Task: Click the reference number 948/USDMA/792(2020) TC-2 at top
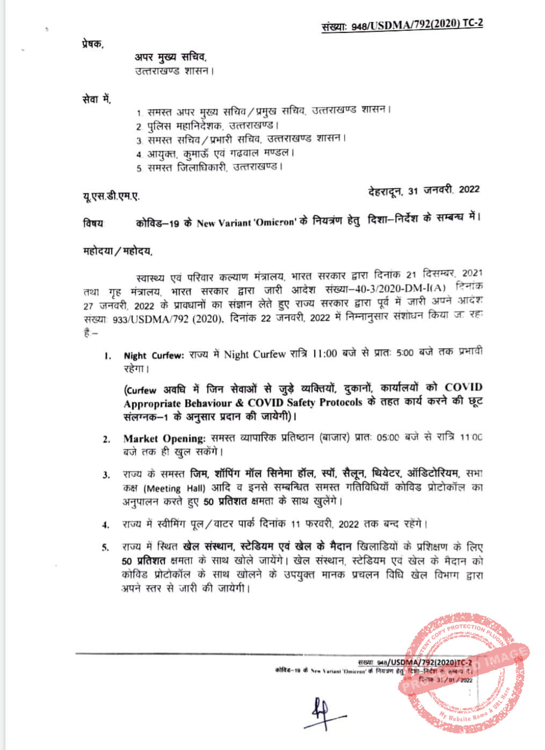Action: click(417, 24)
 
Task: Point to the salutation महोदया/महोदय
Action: click(118, 251)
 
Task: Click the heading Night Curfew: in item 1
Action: click(154, 356)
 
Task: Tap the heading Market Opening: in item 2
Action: click(164, 438)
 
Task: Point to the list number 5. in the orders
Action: click(106, 547)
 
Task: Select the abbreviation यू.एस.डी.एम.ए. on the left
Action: click(111, 197)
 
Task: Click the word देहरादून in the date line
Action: click(385, 191)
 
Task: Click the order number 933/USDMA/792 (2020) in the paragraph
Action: click(168, 319)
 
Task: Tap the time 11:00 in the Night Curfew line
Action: click(325, 354)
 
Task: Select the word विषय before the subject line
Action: click(93, 223)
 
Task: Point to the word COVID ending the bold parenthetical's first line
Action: click(463, 387)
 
